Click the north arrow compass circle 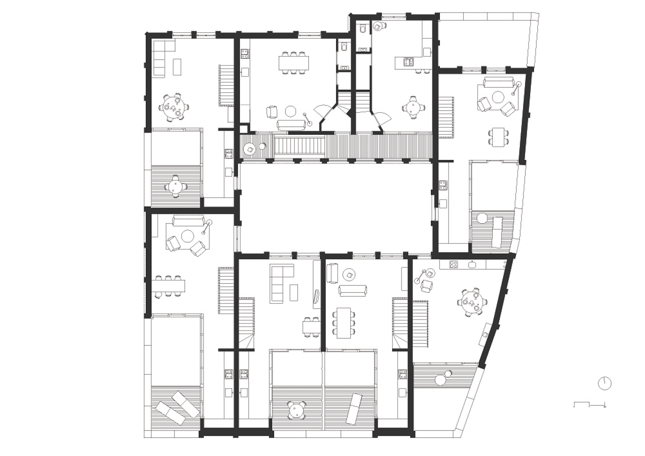click(604, 383)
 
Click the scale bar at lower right click(590, 404)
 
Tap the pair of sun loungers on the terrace click(177, 407)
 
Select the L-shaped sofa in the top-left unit click(161, 58)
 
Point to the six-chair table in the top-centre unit click(294, 62)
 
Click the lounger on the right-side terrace click(498, 230)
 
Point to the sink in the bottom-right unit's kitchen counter click(472, 264)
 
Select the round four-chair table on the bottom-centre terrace click(297, 410)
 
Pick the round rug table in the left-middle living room click(188, 236)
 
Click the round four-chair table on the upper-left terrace click(175, 186)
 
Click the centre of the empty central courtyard click(335, 207)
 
